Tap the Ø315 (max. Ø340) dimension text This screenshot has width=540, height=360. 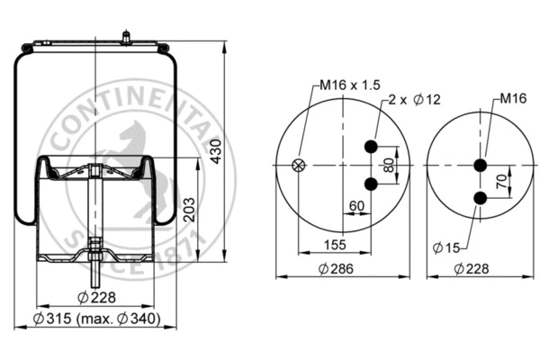(96, 319)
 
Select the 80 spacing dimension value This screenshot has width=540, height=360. (389, 166)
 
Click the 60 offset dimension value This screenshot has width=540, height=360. (356, 206)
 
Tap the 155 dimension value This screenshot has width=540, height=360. (334, 244)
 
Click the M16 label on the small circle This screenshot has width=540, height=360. (512, 97)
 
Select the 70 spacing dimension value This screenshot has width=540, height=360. (503, 179)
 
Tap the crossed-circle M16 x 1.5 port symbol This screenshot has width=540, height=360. (300, 166)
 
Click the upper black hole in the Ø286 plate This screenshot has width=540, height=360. (370, 148)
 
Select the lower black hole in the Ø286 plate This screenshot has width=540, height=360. (370, 184)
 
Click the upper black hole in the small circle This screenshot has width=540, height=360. (480, 165)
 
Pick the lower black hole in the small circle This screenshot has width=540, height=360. (480, 203)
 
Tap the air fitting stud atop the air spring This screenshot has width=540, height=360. (125, 37)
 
